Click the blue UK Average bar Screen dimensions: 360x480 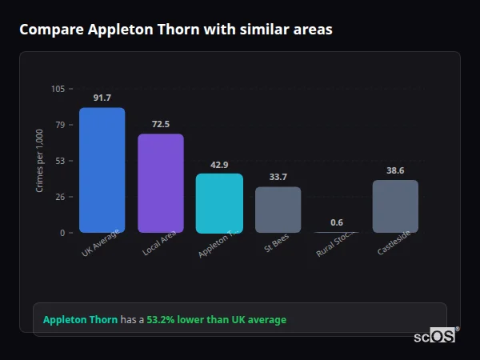coord(102,170)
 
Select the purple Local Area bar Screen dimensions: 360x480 coord(161,183)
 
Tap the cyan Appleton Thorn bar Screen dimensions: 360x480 coord(219,203)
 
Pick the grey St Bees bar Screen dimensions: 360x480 coord(278,210)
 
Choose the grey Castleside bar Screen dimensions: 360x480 coord(395,206)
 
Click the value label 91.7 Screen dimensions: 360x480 coord(102,98)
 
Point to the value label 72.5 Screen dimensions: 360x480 coord(161,124)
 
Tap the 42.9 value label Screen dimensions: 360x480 coord(219,165)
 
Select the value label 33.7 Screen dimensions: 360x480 coord(278,177)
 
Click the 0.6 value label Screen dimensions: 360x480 coord(337,222)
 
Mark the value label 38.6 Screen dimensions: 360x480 coord(395,170)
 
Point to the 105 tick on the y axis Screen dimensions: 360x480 coord(58,89)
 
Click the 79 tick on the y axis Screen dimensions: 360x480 coord(60,125)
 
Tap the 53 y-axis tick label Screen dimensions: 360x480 coord(60,161)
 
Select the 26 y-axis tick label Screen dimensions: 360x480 coord(60,197)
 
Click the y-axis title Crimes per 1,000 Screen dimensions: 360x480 coord(40,161)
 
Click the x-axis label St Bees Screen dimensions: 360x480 coord(277,242)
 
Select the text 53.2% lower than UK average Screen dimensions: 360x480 coord(216,320)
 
